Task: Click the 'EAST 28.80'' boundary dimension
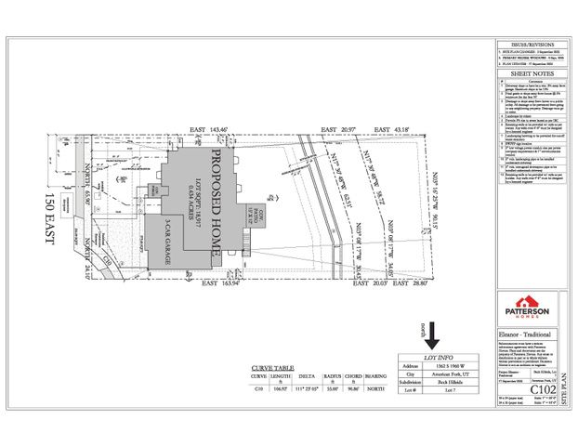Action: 404,295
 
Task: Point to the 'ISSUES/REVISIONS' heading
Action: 523,44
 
